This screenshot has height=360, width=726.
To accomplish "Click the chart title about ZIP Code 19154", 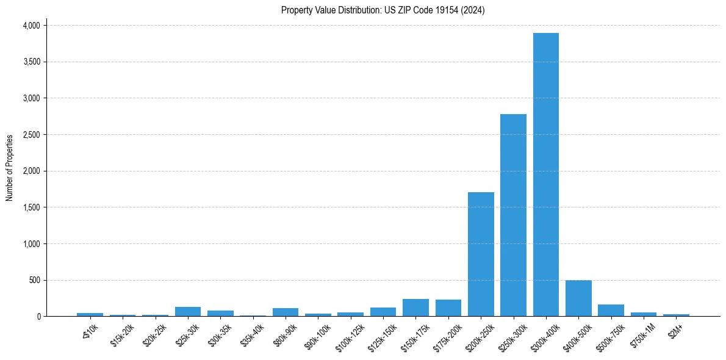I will [x=383, y=10].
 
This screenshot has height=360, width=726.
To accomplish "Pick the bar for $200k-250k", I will [x=481, y=254].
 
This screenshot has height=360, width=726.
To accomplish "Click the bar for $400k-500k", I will [x=578, y=298].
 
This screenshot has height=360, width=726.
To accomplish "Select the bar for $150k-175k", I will [x=415, y=308].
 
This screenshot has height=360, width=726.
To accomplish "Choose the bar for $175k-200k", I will [x=448, y=308].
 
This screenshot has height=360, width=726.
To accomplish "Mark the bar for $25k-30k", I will [x=188, y=311].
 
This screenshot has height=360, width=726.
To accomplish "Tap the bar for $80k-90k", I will [x=286, y=312].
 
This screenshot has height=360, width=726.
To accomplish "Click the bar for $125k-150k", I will [x=383, y=312].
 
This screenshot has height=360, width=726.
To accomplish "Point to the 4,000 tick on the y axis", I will [x=31, y=26].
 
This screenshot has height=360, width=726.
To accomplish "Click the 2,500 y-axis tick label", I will [x=31, y=135].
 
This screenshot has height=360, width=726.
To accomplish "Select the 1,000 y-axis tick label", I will [x=31, y=244].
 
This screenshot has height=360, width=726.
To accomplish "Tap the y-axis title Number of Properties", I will [x=10, y=168].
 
